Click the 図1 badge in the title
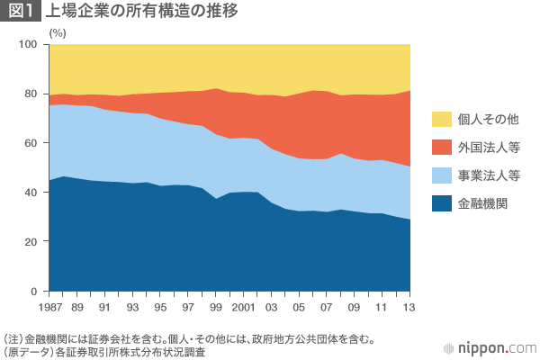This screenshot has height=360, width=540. (x=21, y=12)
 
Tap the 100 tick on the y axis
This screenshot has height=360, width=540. (x=28, y=44)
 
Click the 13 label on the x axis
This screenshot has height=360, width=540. (x=410, y=308)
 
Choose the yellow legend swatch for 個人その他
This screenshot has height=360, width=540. (x=442, y=119)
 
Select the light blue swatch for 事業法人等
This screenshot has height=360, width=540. (x=442, y=175)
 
